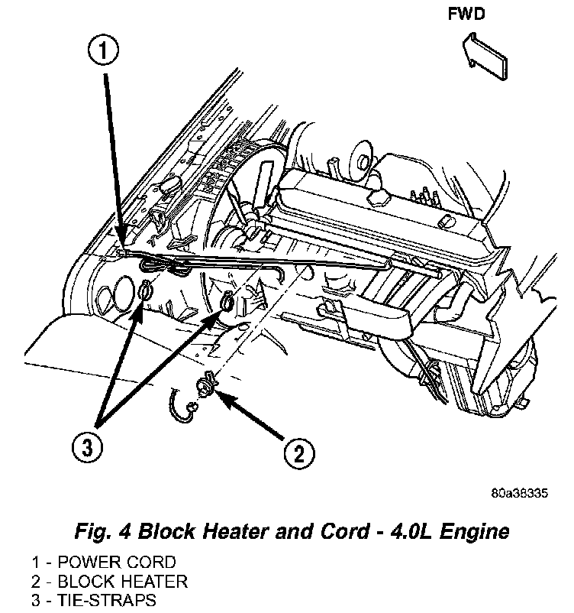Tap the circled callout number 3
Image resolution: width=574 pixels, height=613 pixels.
click(x=89, y=448)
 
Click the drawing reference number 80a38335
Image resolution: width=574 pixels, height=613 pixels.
click(x=519, y=493)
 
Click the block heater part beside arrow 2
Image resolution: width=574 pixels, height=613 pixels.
click(x=208, y=384)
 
